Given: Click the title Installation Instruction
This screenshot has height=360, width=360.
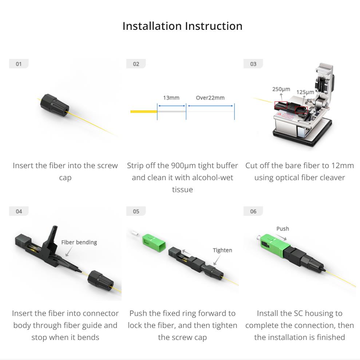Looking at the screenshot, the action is [182, 26].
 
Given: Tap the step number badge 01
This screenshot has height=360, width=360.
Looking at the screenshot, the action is [19, 64].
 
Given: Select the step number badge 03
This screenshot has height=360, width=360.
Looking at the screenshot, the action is [253, 64].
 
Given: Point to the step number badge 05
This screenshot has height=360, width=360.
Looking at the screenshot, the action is [136, 211].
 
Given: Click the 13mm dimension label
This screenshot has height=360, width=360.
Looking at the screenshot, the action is [171, 98].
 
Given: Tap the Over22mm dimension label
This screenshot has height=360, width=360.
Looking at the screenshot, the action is [210, 98].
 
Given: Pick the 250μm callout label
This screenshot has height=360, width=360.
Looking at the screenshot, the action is [281, 89].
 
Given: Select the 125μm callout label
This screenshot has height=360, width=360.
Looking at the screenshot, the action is [305, 92].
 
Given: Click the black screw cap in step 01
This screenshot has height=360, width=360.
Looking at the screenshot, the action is [55, 105].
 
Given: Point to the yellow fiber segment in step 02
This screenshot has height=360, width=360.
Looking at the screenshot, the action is [144, 112].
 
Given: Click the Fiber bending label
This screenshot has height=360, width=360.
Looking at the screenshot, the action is [79, 242].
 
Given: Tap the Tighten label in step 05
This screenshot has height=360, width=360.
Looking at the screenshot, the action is [222, 250].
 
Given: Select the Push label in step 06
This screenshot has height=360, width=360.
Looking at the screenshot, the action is [282, 229].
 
